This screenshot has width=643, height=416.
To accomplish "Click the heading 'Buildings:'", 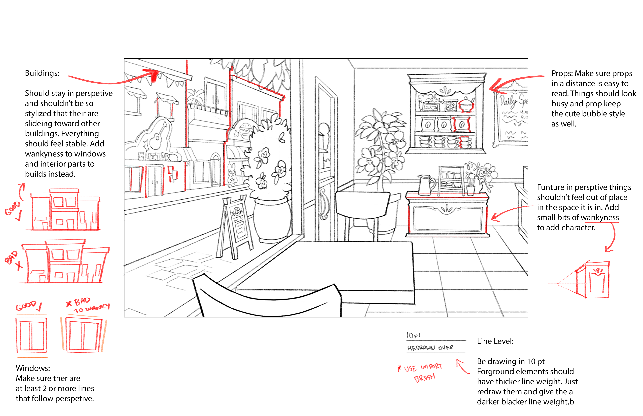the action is pyautogui.click(x=42, y=73).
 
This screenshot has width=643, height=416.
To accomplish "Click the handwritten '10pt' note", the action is pyautogui.click(x=413, y=335).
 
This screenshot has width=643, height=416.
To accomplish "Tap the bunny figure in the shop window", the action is pyautogui.click(x=232, y=175).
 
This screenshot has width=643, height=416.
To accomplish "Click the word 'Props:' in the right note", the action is pyautogui.click(x=562, y=73).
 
